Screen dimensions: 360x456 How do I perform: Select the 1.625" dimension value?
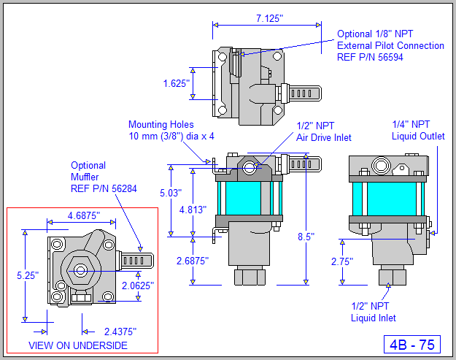(x=177, y=84)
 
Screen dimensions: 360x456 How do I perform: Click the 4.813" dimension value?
(x=193, y=209)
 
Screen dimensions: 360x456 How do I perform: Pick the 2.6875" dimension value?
(x=191, y=260)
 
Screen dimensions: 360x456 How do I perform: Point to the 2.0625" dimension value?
(x=138, y=286)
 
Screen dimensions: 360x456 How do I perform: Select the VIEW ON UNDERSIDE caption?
(x=77, y=345)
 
